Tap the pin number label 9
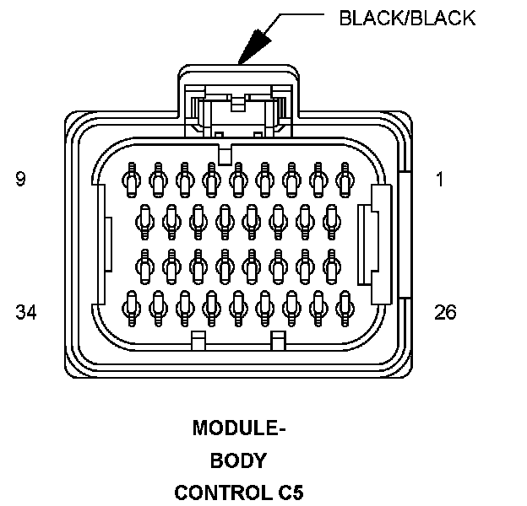[20, 180]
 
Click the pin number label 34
[25, 313]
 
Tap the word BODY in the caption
[239, 460]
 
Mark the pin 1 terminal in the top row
[345, 179]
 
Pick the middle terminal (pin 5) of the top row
[237, 179]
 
